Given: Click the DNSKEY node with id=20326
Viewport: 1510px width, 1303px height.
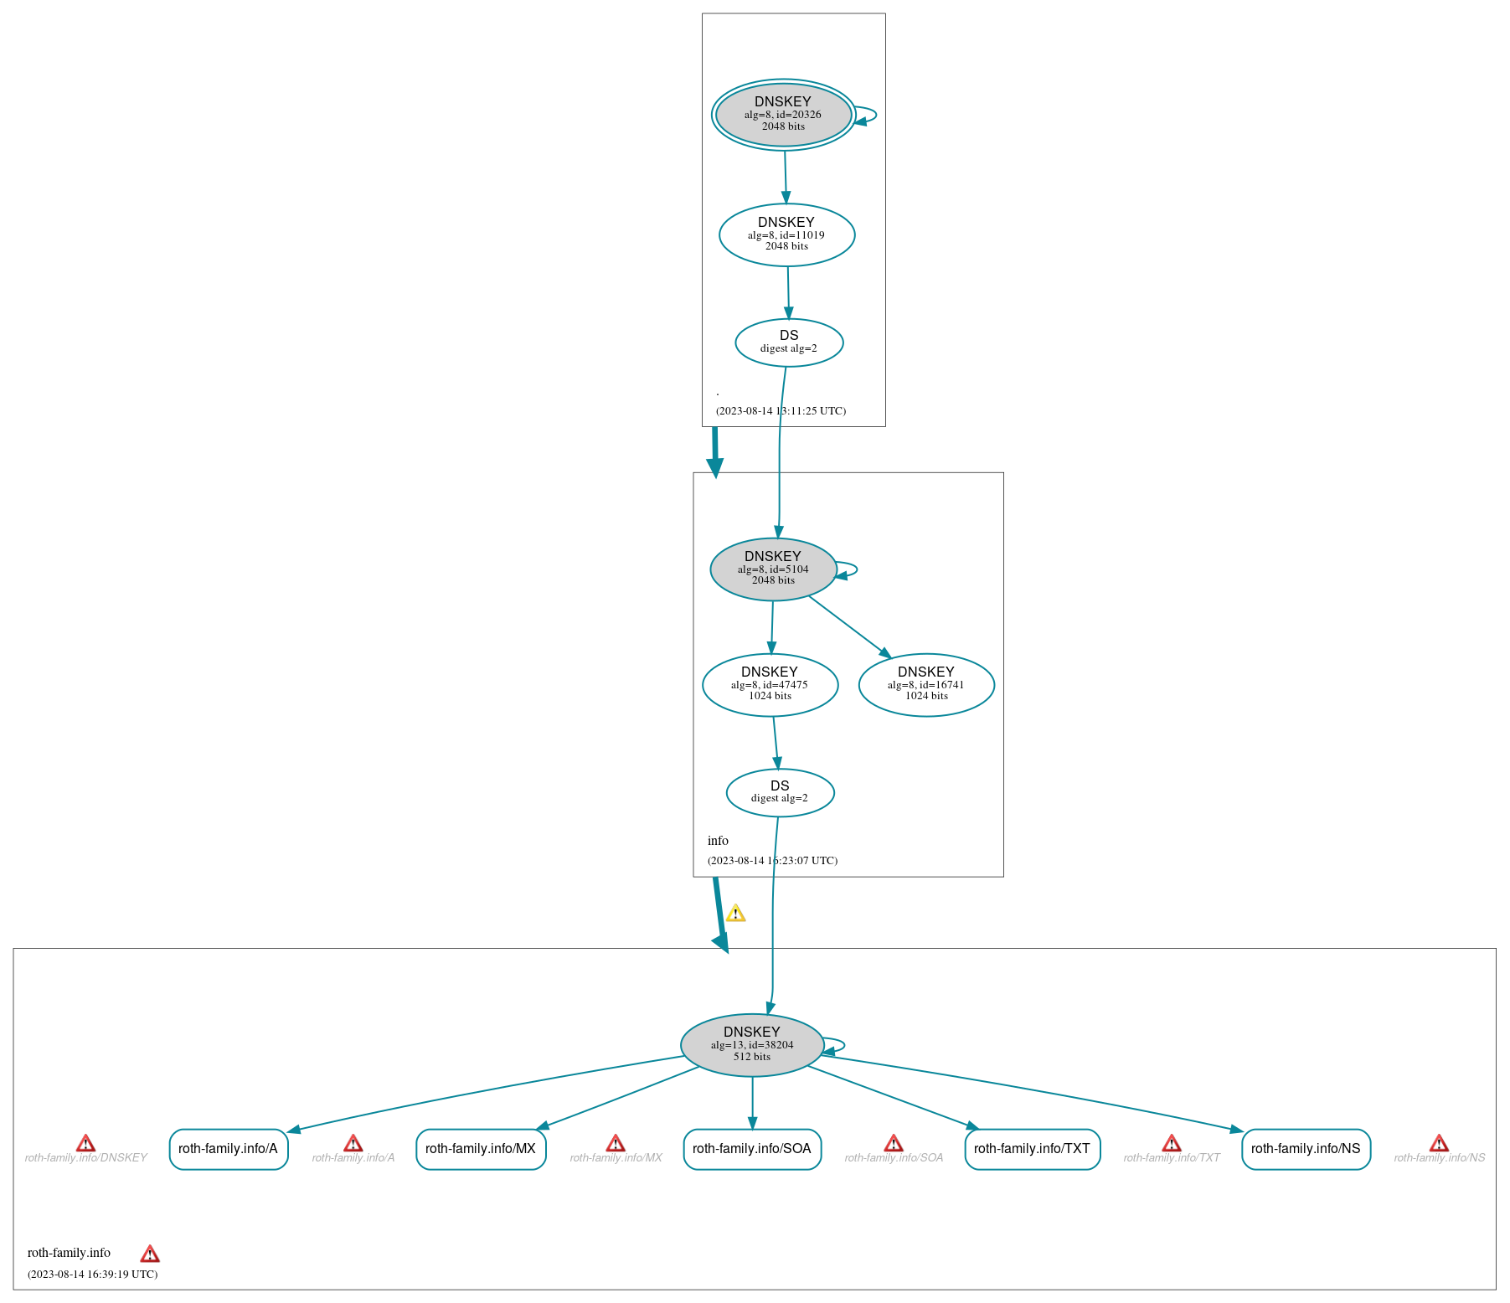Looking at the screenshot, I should (783, 115).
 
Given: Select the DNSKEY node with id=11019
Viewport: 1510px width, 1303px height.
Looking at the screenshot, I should (786, 234).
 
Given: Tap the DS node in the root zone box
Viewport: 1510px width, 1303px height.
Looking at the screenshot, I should (789, 342).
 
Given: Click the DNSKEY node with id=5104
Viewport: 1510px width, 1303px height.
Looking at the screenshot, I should (773, 569).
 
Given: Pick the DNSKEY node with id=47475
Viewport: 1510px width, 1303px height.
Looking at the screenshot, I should (770, 684).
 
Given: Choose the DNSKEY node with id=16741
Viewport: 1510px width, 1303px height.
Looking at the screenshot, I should (926, 684).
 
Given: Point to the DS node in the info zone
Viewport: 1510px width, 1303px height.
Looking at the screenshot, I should (780, 791).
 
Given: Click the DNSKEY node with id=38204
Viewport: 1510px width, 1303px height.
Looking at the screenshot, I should (752, 1044).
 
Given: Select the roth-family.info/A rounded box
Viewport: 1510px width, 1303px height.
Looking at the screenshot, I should (229, 1148).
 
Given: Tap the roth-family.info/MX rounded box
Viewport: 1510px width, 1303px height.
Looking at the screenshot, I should (481, 1148).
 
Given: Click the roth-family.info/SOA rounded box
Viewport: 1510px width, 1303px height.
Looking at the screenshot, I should (752, 1148).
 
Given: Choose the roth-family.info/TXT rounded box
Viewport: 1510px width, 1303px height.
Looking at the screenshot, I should (1032, 1148).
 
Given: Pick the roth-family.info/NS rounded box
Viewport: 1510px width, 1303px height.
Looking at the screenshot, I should (1306, 1148).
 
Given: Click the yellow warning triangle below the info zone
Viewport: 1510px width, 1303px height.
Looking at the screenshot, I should (735, 913).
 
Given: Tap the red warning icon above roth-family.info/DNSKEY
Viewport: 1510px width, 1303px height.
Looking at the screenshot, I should (85, 1143).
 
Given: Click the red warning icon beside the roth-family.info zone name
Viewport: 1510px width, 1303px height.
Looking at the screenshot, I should (150, 1254).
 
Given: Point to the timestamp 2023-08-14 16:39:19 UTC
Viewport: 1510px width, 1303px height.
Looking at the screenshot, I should (92, 1274).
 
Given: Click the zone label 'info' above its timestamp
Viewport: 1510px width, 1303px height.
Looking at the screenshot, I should (718, 840).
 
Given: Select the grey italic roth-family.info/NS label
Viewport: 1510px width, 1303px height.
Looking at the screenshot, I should (1439, 1157).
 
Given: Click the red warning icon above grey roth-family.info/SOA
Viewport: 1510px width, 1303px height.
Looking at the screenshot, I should (894, 1143).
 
